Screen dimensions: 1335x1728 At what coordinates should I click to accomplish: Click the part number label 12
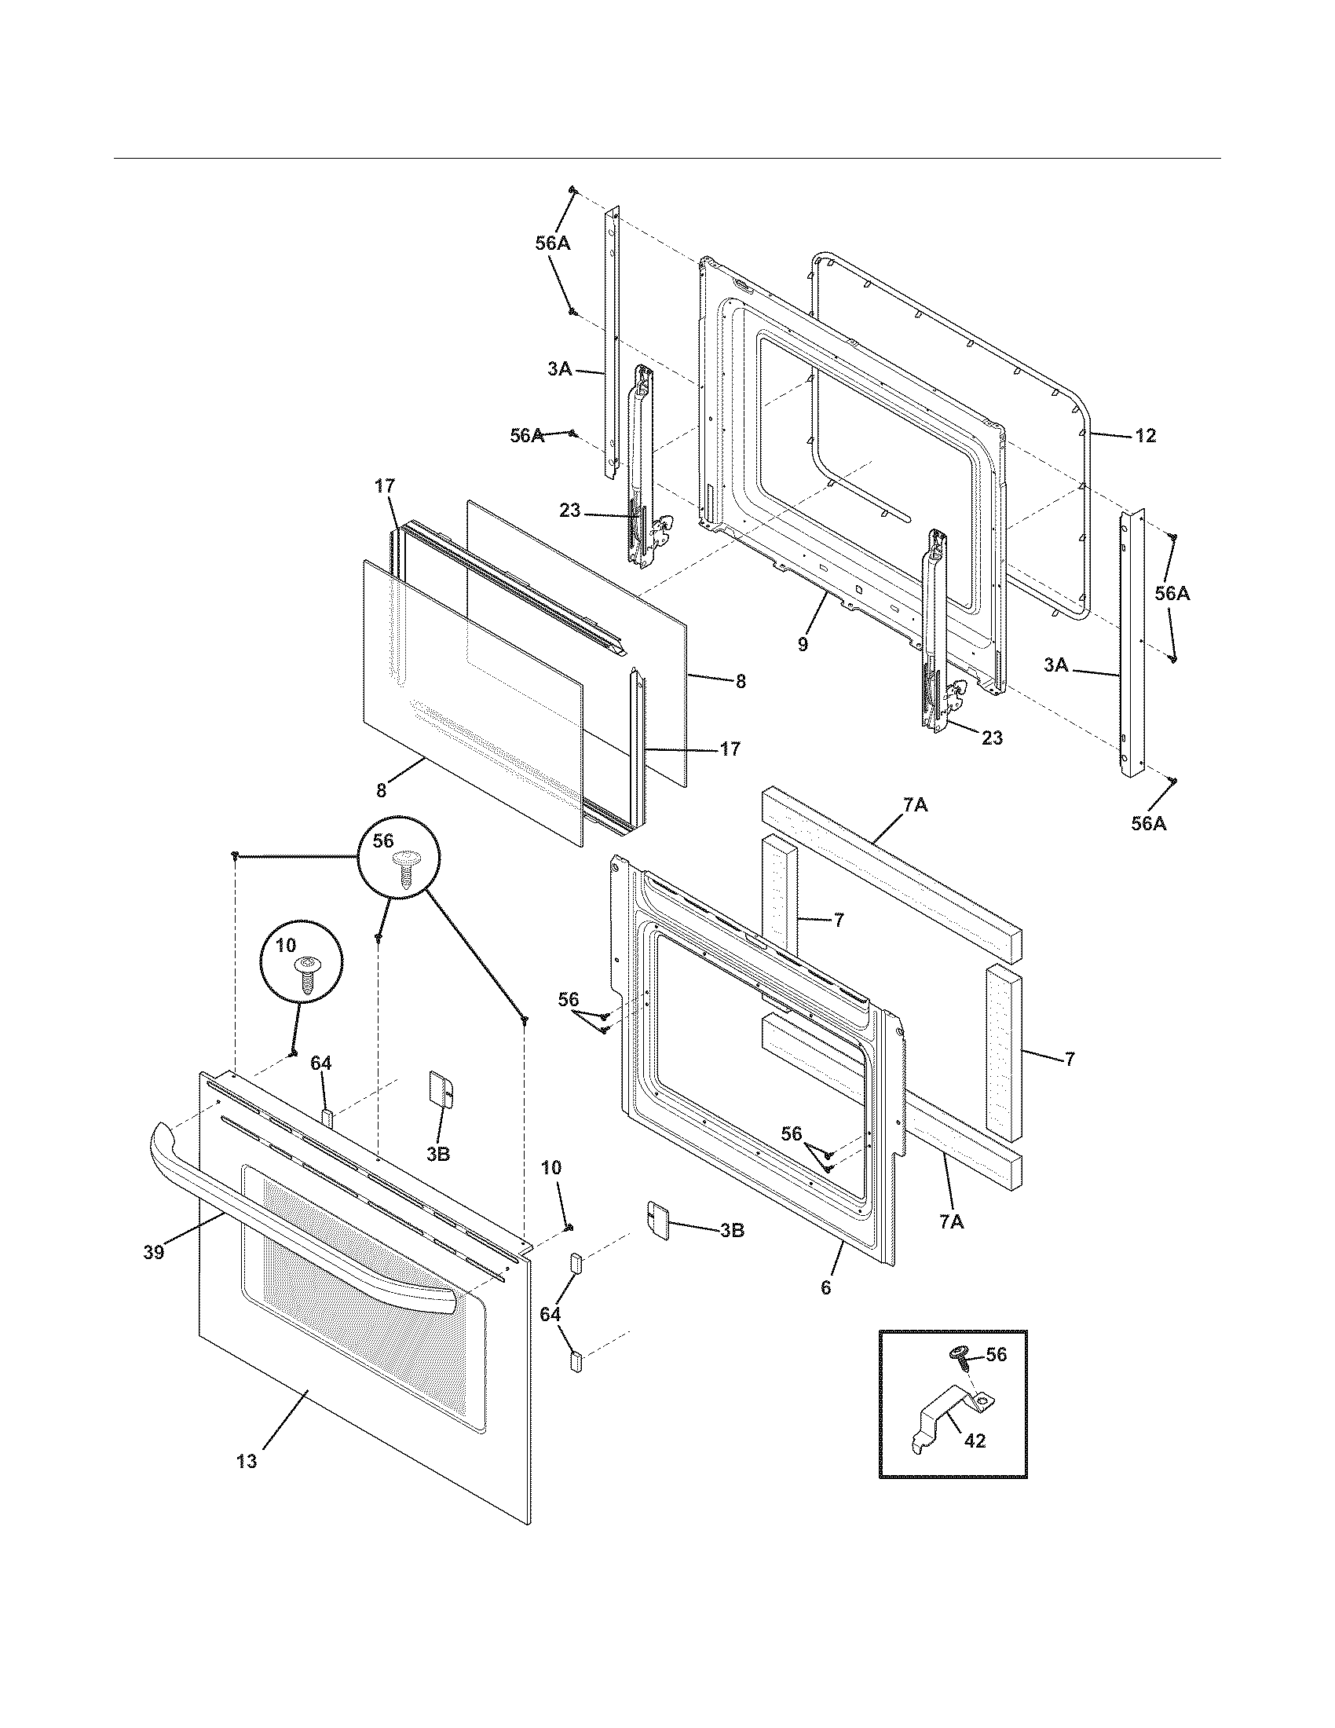coord(1145,435)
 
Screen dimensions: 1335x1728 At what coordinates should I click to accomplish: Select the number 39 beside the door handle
coord(153,1253)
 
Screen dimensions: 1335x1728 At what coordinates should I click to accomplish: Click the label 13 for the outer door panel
coord(247,1462)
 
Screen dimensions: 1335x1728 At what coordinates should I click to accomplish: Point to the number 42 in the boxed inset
coord(975,1441)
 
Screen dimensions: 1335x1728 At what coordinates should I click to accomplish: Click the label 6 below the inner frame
coord(825,1287)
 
